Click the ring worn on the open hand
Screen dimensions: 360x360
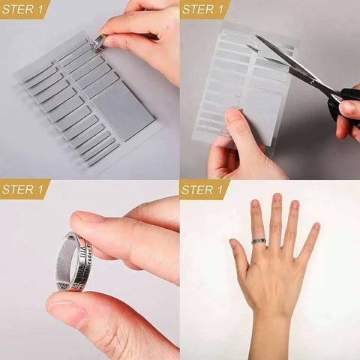(259, 241)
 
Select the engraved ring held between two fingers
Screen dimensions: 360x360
(76, 262)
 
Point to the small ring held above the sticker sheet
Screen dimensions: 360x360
(98, 43)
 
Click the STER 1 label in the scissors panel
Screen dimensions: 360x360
(205, 9)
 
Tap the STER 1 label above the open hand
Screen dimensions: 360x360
(205, 189)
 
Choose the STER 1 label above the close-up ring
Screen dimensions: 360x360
(25, 189)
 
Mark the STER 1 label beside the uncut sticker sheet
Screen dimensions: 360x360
(25, 9)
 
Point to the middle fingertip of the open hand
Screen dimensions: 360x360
(277, 199)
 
